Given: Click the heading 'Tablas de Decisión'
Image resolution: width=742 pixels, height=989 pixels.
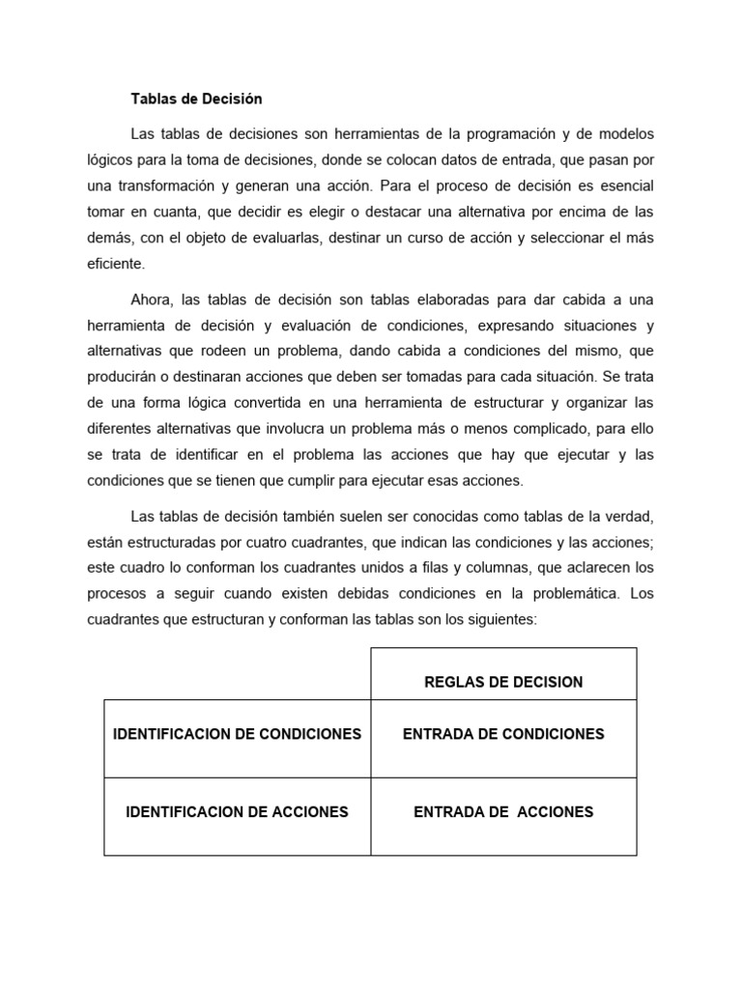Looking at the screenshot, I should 196,99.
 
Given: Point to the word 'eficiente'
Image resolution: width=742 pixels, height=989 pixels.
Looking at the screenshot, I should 115,263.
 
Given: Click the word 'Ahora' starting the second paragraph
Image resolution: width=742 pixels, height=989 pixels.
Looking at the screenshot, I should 153,299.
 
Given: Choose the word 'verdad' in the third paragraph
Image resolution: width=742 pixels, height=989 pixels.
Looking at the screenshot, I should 616,517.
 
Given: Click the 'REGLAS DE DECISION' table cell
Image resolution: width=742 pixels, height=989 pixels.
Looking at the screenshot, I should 503,682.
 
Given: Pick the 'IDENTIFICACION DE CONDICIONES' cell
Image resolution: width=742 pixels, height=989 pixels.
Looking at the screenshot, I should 237,734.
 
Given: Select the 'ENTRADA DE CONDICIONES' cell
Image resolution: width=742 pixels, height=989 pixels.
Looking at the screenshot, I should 503,734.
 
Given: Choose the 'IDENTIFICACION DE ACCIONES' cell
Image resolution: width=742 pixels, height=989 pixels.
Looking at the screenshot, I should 237,812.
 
